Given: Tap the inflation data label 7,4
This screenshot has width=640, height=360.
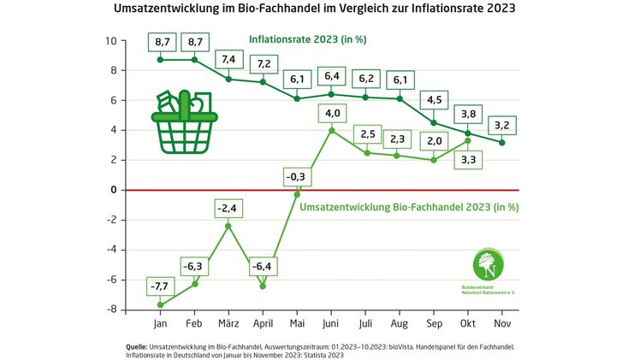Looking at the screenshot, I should point(228,60).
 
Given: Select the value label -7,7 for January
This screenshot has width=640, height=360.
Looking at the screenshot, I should point(160,286).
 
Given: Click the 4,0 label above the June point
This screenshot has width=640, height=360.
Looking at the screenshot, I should point(331,113).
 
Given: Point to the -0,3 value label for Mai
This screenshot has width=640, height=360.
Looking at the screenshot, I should point(297,177).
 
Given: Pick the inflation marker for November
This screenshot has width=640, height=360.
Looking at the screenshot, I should point(502,142).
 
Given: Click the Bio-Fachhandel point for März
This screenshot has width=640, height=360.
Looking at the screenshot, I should point(228,226).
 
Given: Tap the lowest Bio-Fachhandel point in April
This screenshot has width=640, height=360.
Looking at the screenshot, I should point(263,286).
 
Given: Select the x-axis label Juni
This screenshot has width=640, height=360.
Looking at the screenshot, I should point(331,325).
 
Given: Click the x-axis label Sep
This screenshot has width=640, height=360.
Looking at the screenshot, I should point(434,325).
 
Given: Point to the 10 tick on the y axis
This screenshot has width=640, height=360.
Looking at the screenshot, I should point(111,41).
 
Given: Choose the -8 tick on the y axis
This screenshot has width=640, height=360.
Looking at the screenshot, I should point(111,310).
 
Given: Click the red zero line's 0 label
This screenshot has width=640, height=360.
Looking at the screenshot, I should point(112,190).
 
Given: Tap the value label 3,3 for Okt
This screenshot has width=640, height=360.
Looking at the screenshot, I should point(468,159).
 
